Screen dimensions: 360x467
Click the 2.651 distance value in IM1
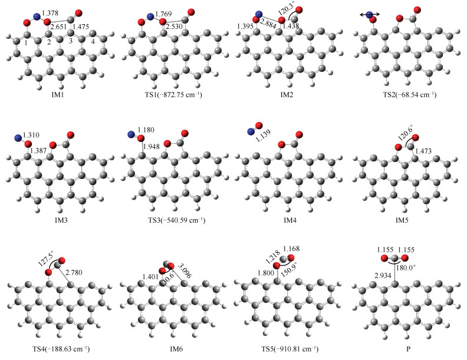click(59, 27)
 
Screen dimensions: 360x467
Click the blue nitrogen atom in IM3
click(18, 139)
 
